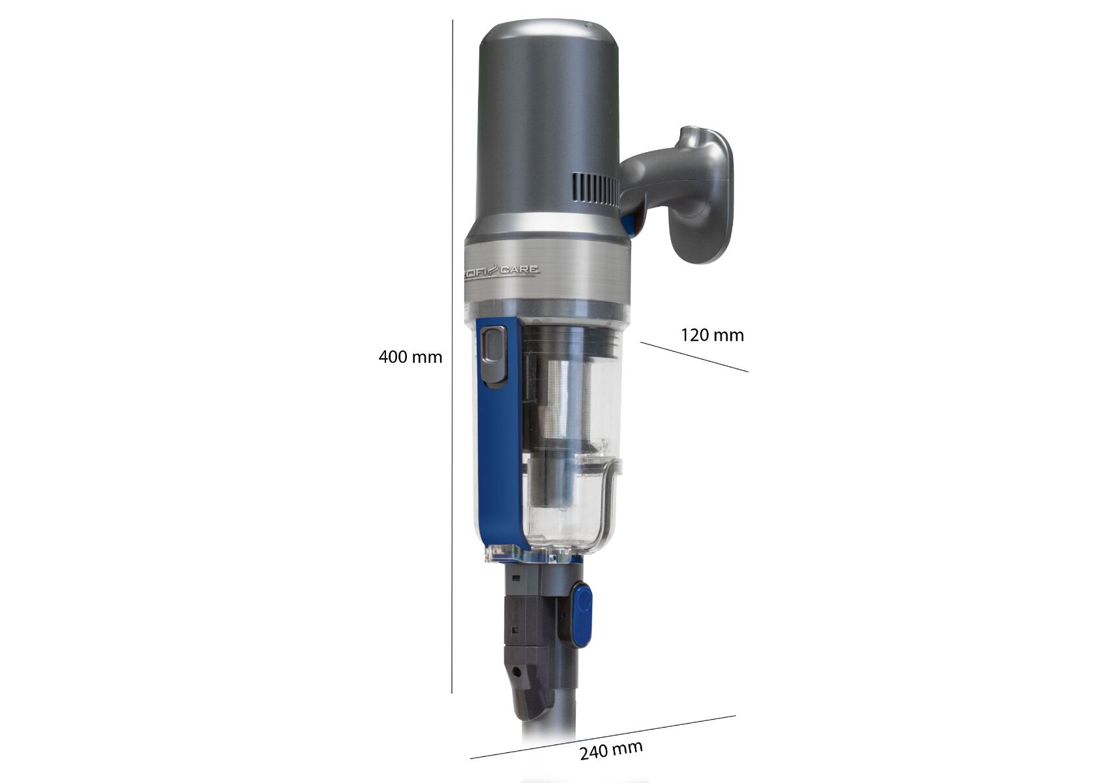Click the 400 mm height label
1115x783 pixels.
click(x=410, y=357)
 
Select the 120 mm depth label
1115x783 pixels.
click(x=712, y=335)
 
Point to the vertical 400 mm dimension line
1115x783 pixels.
click(x=453, y=356)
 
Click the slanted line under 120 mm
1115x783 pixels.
click(x=694, y=357)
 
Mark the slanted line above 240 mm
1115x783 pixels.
click(x=602, y=744)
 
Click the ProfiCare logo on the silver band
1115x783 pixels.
click(x=502, y=271)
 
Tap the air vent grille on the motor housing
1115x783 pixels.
click(x=595, y=191)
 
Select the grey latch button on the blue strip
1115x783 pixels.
click(x=494, y=356)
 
